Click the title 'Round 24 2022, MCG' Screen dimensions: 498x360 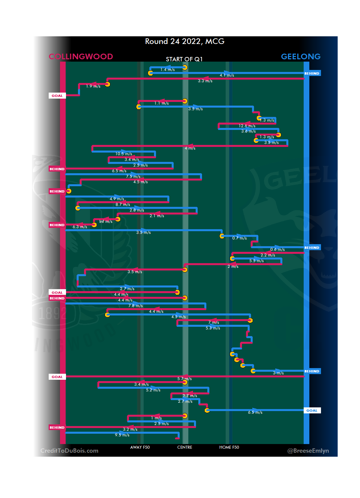[185, 41]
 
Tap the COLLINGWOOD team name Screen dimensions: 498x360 [81, 57]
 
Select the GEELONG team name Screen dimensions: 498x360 [301, 57]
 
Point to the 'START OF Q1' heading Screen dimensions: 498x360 [184, 59]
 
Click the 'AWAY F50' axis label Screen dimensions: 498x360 [140, 447]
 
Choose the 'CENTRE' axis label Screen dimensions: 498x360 [185, 447]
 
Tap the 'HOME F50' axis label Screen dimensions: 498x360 [229, 447]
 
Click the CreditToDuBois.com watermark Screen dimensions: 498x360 [69, 451]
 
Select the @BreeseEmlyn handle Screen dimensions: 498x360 [308, 451]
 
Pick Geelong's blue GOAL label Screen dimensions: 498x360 [312, 410]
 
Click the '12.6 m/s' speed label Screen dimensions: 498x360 [247, 126]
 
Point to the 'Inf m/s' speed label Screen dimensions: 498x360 [106, 222]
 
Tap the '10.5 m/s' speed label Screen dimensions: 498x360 [124, 154]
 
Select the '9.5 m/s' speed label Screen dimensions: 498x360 [122, 435]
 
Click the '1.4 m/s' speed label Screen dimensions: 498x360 [168, 70]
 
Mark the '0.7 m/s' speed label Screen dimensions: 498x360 [240, 238]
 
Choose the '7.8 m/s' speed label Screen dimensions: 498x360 [136, 306]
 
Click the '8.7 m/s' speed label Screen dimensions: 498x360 [123, 205]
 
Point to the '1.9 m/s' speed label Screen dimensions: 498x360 [93, 86]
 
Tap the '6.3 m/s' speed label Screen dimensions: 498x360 [80, 227]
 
